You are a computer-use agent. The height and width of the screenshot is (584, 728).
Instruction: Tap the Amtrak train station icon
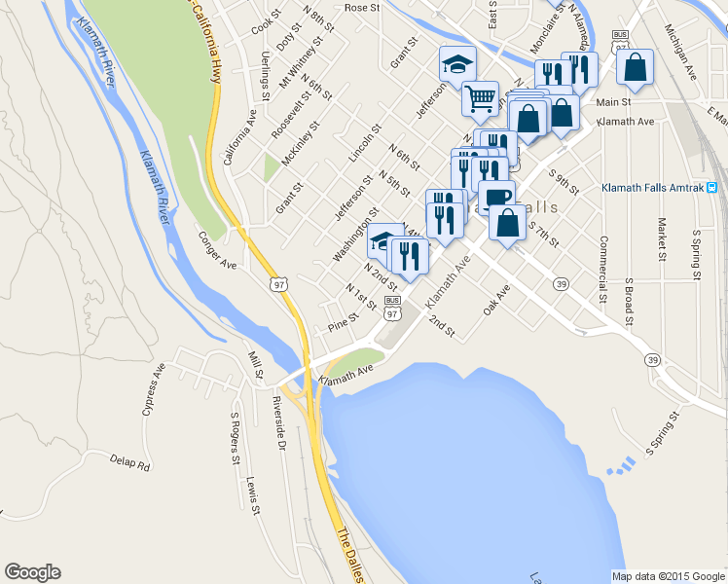tap(712, 187)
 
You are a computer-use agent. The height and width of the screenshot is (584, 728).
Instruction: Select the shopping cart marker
tap(480, 97)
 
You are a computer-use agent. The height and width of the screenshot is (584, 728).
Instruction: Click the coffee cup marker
tap(496, 197)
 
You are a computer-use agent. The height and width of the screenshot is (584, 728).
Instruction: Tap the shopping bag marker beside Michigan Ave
tap(635, 67)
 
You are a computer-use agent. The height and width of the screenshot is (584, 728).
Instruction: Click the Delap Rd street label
tap(130, 462)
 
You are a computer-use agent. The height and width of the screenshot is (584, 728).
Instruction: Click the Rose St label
tap(361, 8)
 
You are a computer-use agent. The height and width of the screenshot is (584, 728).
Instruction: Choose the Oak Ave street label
tap(496, 301)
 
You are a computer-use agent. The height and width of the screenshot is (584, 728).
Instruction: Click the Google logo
tap(32, 572)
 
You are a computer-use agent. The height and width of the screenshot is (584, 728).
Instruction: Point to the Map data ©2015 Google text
tap(668, 576)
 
